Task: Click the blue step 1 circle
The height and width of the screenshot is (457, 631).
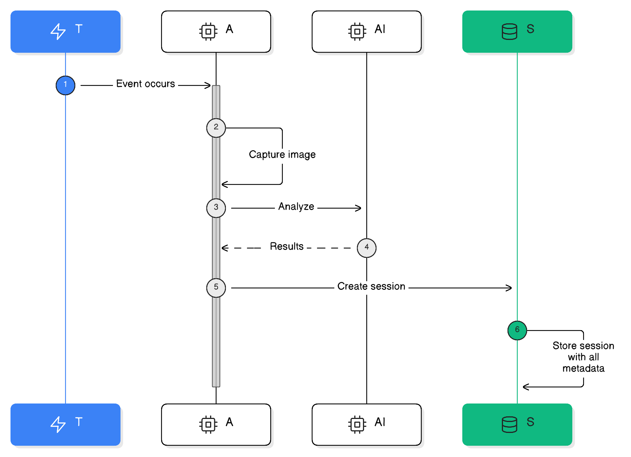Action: click(66, 85)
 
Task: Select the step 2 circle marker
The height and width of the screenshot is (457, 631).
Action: click(216, 128)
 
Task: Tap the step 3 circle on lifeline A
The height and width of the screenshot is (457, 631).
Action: click(216, 208)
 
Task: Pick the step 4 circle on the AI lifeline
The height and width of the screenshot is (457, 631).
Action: click(367, 248)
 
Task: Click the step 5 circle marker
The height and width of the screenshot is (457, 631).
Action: click(216, 288)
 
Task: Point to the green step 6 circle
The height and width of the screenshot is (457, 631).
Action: click(517, 330)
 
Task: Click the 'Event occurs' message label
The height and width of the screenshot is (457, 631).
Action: click(145, 84)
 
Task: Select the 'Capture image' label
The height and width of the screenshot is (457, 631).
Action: click(282, 154)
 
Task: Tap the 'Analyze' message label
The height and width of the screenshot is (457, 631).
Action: click(296, 206)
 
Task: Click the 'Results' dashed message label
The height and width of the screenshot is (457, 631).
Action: click(287, 246)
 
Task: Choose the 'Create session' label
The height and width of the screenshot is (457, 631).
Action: click(371, 286)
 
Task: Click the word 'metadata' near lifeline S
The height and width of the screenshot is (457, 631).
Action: click(583, 368)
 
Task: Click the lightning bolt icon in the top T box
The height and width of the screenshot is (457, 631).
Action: click(58, 31)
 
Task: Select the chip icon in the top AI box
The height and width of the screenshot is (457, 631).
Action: click(357, 31)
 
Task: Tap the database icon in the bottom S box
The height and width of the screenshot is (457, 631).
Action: click(509, 424)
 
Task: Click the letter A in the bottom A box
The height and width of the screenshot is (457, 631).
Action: click(229, 422)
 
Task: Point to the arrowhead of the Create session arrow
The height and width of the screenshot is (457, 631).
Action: click(509, 288)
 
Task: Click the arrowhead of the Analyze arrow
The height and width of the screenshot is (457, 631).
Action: click(359, 208)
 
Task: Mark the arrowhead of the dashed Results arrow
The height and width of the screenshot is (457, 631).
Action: click(224, 248)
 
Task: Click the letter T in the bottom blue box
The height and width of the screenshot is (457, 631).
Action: click(79, 422)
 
